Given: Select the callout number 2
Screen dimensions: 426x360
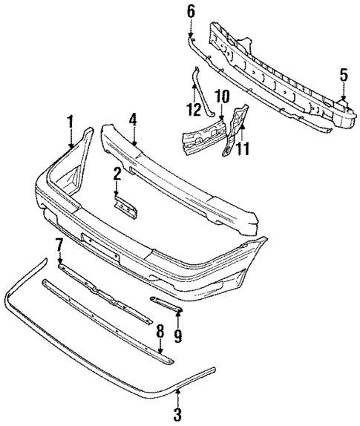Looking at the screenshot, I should click(117, 174).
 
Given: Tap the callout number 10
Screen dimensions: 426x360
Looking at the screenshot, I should click(220, 96).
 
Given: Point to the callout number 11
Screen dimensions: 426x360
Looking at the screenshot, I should click(242, 149).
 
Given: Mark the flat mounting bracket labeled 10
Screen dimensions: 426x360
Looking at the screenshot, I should click(203, 135).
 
